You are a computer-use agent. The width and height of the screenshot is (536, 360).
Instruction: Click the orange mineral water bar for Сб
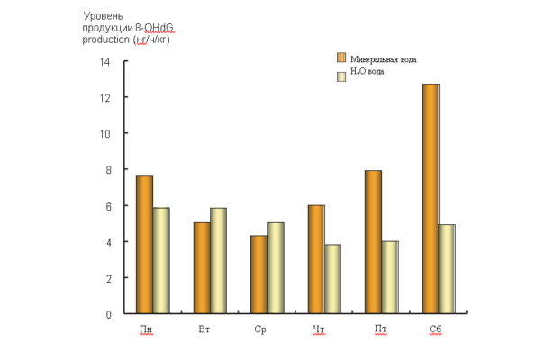[x=431, y=198]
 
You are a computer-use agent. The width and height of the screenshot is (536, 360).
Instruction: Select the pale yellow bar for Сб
[x=447, y=269]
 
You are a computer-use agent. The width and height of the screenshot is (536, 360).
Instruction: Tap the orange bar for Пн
[x=145, y=245]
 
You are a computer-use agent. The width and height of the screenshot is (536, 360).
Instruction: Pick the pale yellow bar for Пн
[x=161, y=260]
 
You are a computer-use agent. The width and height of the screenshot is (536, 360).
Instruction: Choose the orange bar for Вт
[x=202, y=268]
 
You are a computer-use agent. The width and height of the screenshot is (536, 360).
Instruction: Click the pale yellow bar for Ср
[x=276, y=268]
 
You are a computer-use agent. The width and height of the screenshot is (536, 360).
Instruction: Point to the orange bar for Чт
[x=316, y=259]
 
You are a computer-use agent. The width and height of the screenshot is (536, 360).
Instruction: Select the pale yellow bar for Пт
[x=390, y=277]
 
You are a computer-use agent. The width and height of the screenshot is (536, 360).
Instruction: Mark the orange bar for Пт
[x=373, y=242]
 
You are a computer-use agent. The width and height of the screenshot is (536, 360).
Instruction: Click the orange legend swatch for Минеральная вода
[x=341, y=58]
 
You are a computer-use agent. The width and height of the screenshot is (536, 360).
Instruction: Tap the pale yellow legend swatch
[x=341, y=76]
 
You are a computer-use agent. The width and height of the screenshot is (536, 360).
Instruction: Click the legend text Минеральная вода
[x=384, y=59]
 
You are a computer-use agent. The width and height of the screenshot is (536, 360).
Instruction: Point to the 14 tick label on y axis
[x=104, y=62]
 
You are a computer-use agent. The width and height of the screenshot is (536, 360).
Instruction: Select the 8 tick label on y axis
[x=108, y=170]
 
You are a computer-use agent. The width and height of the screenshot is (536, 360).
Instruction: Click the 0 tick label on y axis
[x=108, y=314]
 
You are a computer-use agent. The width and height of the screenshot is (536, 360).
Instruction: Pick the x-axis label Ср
[x=260, y=329]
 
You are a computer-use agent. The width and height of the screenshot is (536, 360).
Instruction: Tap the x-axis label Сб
[x=435, y=328]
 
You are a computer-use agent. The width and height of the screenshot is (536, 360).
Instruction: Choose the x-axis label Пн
[x=146, y=328]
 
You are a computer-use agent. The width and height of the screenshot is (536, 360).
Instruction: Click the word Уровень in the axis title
[x=104, y=16]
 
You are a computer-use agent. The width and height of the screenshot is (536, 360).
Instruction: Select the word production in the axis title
[x=106, y=40]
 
